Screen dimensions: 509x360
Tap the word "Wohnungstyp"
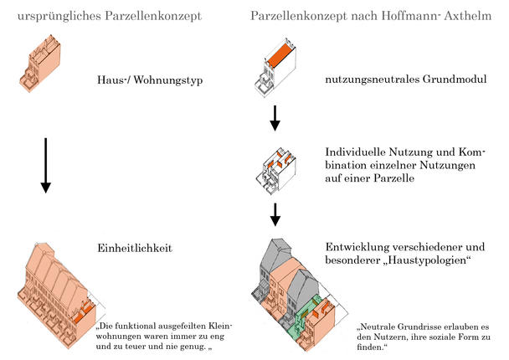(167, 80)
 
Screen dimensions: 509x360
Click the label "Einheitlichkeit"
(135, 248)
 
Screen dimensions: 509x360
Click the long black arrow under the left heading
(46, 166)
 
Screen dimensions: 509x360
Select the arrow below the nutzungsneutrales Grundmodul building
(275, 118)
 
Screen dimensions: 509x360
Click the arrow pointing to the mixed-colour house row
(275, 214)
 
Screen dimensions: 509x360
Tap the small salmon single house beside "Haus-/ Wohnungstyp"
(40, 64)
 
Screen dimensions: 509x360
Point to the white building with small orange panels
(276, 171)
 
